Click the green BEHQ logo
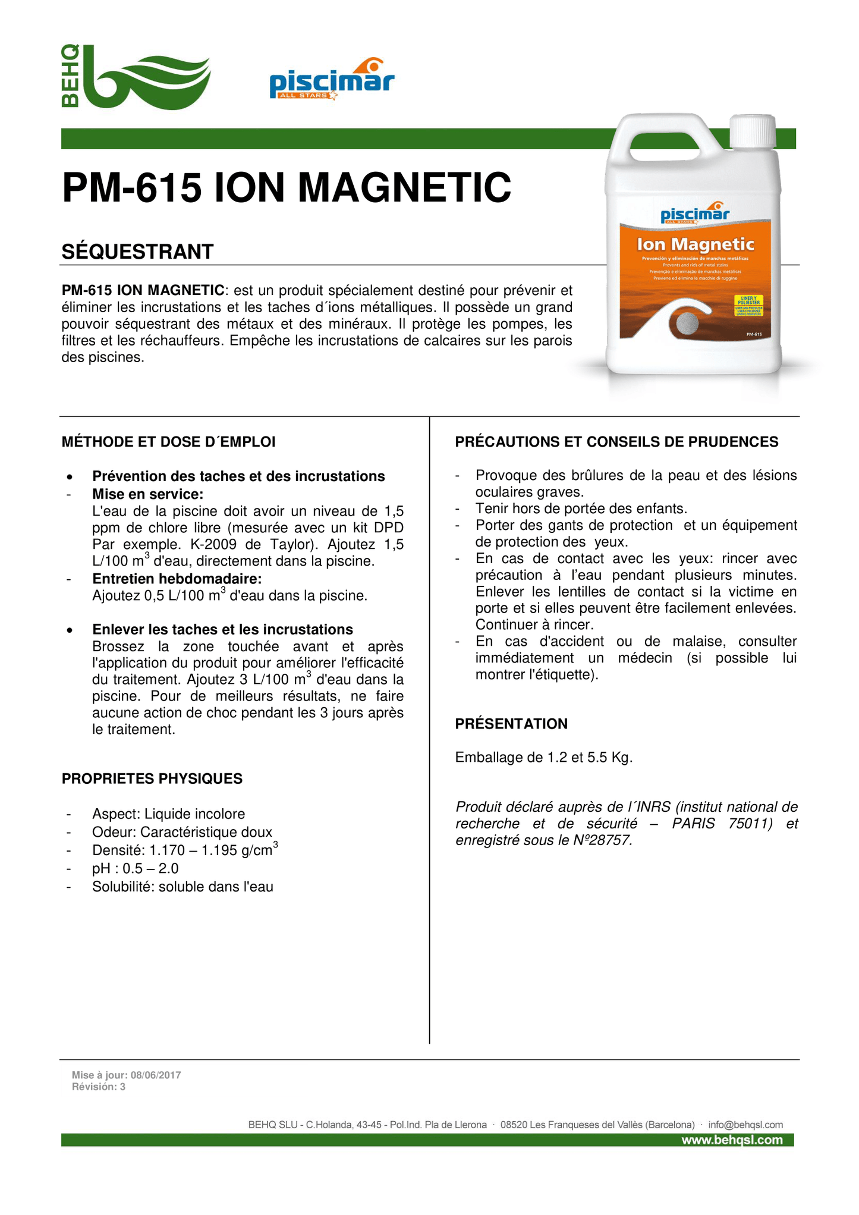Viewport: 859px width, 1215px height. (136, 77)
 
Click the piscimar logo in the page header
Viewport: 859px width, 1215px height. (332, 80)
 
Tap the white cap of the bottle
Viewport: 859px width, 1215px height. (753, 132)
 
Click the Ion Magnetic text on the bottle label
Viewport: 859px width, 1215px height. (695, 244)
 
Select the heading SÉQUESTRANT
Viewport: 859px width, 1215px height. (137, 252)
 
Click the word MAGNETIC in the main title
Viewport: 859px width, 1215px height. (404, 187)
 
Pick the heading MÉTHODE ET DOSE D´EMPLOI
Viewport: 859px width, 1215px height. (168, 442)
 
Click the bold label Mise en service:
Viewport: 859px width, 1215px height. (147, 494)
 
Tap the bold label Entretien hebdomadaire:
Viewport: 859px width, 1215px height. (177, 579)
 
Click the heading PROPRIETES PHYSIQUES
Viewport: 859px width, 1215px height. (152, 778)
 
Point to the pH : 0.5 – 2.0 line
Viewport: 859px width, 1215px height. (135, 868)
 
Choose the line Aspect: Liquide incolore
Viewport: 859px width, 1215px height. (168, 814)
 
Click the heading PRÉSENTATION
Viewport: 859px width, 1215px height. (511, 724)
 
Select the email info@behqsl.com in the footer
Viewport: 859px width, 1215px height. (745, 1125)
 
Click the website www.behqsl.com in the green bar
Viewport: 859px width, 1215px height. (731, 1140)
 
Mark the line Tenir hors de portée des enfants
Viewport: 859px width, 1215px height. (581, 508)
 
